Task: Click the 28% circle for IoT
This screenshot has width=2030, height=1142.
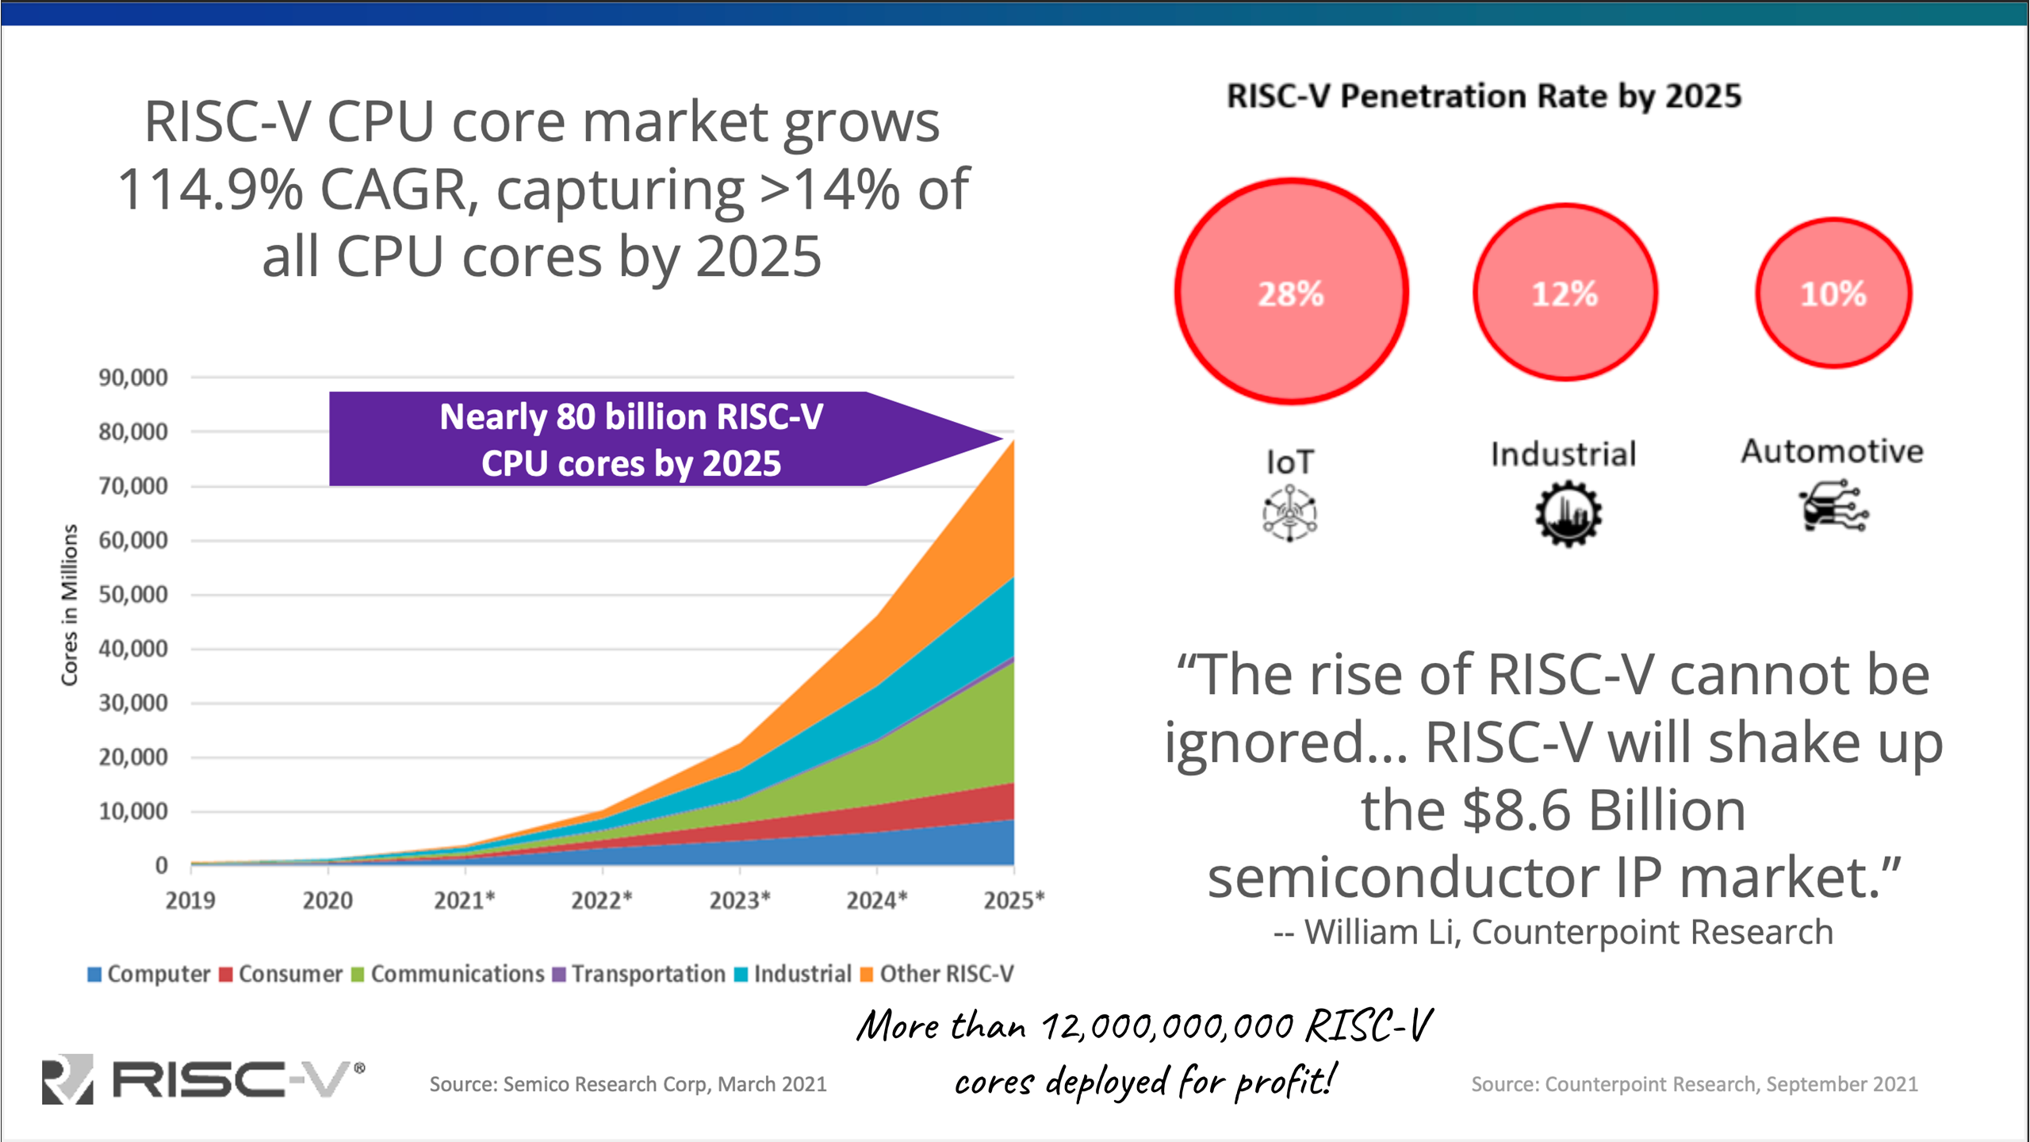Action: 1291,293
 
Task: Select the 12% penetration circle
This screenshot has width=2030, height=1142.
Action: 1565,293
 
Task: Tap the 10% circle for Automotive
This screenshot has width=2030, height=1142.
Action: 1833,293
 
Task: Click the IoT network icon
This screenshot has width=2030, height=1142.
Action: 1290,513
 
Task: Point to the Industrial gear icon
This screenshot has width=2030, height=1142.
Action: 1568,515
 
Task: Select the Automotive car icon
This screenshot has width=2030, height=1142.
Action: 1833,506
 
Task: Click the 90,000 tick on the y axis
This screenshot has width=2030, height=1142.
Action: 133,377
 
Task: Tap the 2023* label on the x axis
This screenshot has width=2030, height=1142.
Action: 739,900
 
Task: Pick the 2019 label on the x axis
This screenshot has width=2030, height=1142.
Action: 190,900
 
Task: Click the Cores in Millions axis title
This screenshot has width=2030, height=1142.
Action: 70,604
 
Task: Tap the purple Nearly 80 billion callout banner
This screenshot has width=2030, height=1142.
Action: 631,439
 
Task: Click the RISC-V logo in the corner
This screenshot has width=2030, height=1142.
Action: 203,1079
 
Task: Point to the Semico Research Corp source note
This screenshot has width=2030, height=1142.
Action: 628,1084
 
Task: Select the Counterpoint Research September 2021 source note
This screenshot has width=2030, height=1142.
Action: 1695,1084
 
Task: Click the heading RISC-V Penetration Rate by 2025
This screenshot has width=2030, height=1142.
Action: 1484,96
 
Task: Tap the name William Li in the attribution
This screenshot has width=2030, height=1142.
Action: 1381,933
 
